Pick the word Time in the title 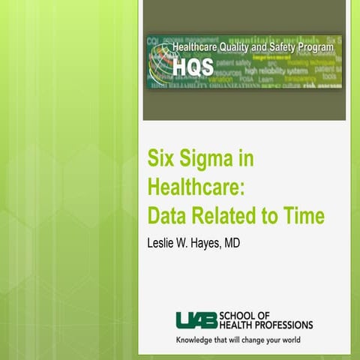click(x=304, y=216)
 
